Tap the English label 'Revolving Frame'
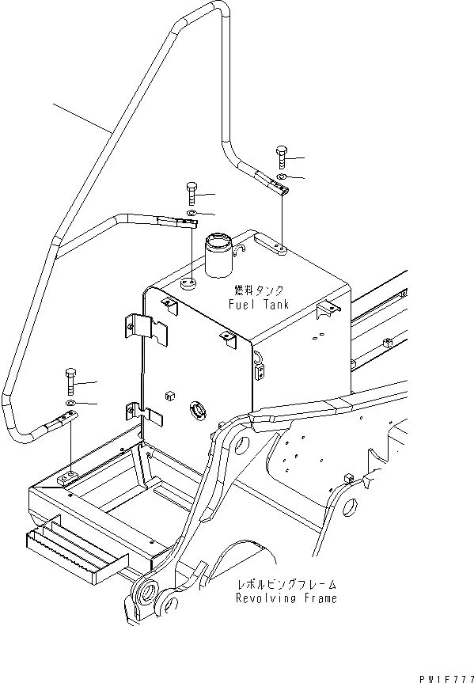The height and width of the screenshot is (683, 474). (x=286, y=598)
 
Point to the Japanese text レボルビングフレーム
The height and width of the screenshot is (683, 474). (x=286, y=585)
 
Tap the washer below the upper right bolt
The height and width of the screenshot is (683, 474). (x=283, y=176)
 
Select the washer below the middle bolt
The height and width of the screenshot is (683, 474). (x=192, y=213)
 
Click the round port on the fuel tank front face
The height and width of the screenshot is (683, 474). (x=195, y=410)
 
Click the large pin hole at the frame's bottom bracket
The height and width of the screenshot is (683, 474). (x=146, y=591)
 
